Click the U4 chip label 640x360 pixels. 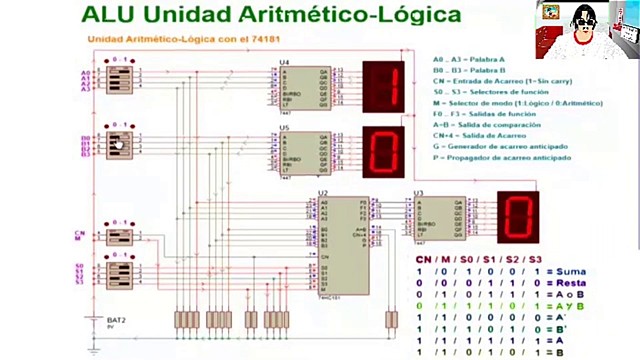(285, 63)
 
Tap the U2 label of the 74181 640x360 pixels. (323, 192)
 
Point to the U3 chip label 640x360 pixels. (418, 192)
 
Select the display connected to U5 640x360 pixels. (384, 150)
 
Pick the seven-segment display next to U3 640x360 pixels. (518, 215)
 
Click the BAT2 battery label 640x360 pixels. (115, 319)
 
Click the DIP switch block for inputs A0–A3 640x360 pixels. (120, 79)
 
